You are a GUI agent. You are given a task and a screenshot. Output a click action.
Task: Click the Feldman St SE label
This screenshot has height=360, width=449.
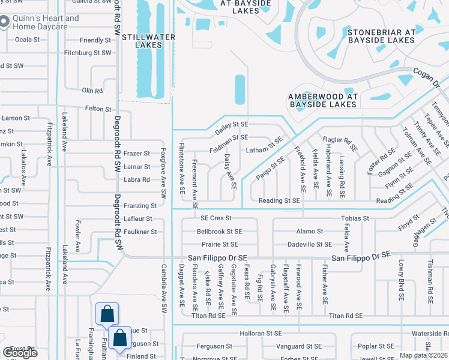point(229,137)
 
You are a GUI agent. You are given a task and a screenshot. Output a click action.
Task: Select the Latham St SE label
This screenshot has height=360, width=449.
point(264,145)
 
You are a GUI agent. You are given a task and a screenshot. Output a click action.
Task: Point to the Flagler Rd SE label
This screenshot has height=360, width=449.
point(340,143)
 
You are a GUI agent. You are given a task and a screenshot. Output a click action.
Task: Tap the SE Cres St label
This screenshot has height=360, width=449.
point(215,218)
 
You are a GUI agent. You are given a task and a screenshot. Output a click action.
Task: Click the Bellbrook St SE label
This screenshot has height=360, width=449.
point(220,231)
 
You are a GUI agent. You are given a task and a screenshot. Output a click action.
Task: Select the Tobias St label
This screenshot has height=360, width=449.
point(354,218)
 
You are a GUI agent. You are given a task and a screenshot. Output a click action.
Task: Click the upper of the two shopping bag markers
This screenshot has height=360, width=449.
point(107,314)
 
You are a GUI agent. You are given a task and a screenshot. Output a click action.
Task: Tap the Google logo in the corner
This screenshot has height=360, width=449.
point(20,353)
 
